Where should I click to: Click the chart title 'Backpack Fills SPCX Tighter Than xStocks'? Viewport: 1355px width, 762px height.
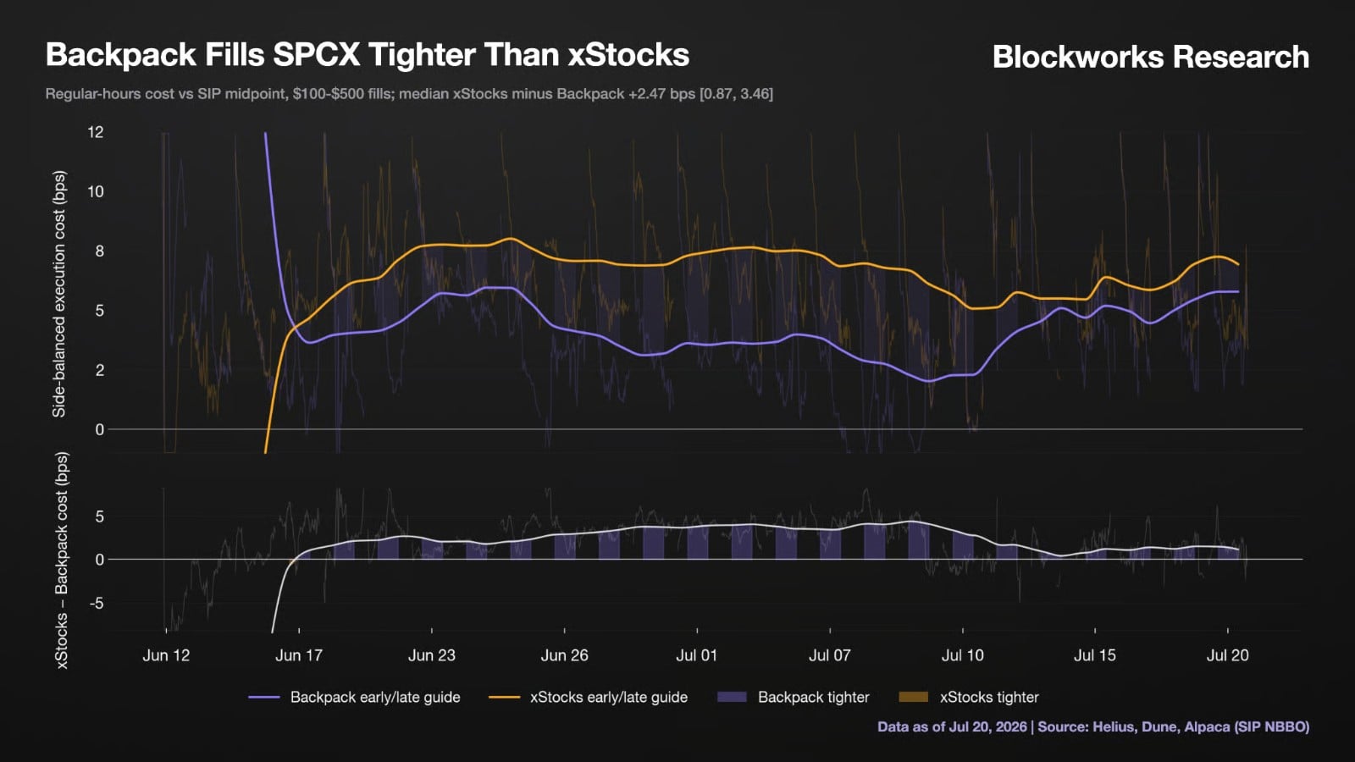click(x=368, y=54)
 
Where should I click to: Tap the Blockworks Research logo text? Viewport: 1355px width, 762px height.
click(x=1151, y=56)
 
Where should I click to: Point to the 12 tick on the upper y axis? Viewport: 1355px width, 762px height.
click(x=96, y=132)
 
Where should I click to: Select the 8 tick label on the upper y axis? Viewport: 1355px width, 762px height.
click(x=99, y=251)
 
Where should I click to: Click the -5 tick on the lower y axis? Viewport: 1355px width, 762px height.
click(x=97, y=604)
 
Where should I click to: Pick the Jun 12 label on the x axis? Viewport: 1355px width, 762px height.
click(x=166, y=655)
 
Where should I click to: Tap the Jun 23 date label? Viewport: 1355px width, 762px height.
click(x=431, y=655)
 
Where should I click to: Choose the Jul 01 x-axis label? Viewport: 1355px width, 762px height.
click(x=696, y=655)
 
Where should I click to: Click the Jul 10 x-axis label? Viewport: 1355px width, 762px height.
click(x=962, y=655)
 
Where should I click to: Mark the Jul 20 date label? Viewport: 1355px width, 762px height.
click(x=1227, y=655)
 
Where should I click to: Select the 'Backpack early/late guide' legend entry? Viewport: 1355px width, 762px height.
click(x=354, y=698)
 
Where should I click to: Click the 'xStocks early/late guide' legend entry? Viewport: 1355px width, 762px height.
click(x=588, y=698)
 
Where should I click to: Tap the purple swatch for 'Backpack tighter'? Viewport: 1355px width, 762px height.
click(x=732, y=698)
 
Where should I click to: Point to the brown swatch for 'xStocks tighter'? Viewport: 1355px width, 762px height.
click(x=914, y=698)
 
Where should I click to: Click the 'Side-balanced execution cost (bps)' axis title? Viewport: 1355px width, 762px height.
click(x=59, y=294)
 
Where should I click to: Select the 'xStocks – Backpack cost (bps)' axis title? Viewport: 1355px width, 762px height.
click(x=62, y=560)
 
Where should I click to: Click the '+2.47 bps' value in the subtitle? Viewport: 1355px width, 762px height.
click(x=663, y=94)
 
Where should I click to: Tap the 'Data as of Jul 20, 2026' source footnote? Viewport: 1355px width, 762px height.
click(x=952, y=726)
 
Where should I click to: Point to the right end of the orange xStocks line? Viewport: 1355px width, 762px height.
click(x=1239, y=264)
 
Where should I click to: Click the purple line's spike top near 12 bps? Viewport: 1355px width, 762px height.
click(x=266, y=133)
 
